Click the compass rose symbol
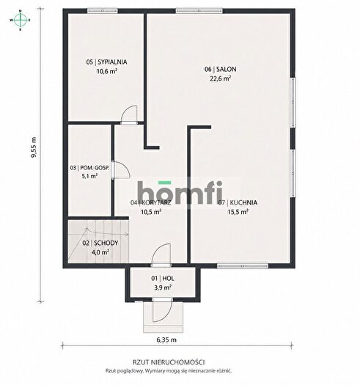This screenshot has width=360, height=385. click(21, 20)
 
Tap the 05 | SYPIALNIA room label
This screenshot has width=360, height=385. click(106, 62)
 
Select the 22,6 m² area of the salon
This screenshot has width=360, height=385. click(220, 78)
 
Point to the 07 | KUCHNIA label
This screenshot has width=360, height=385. click(238, 202)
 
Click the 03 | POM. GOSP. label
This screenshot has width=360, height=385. click(89, 168)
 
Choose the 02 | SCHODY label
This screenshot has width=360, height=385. click(100, 243)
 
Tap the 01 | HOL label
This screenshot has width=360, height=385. click(163, 279)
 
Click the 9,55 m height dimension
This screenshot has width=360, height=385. click(34, 147)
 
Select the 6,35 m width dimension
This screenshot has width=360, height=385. click(166, 340)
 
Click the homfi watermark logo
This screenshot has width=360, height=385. click(180, 192)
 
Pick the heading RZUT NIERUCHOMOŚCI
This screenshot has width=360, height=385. click(169, 362)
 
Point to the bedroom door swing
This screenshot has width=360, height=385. click(130, 114)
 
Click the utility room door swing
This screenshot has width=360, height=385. click(122, 169)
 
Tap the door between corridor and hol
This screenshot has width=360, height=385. click(161, 254)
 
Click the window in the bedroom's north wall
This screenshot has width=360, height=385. click(103, 11)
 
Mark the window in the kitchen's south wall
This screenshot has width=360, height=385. click(243, 265)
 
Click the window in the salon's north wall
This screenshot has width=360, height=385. click(199, 11)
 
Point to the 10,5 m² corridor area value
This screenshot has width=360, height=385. click(151, 212)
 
